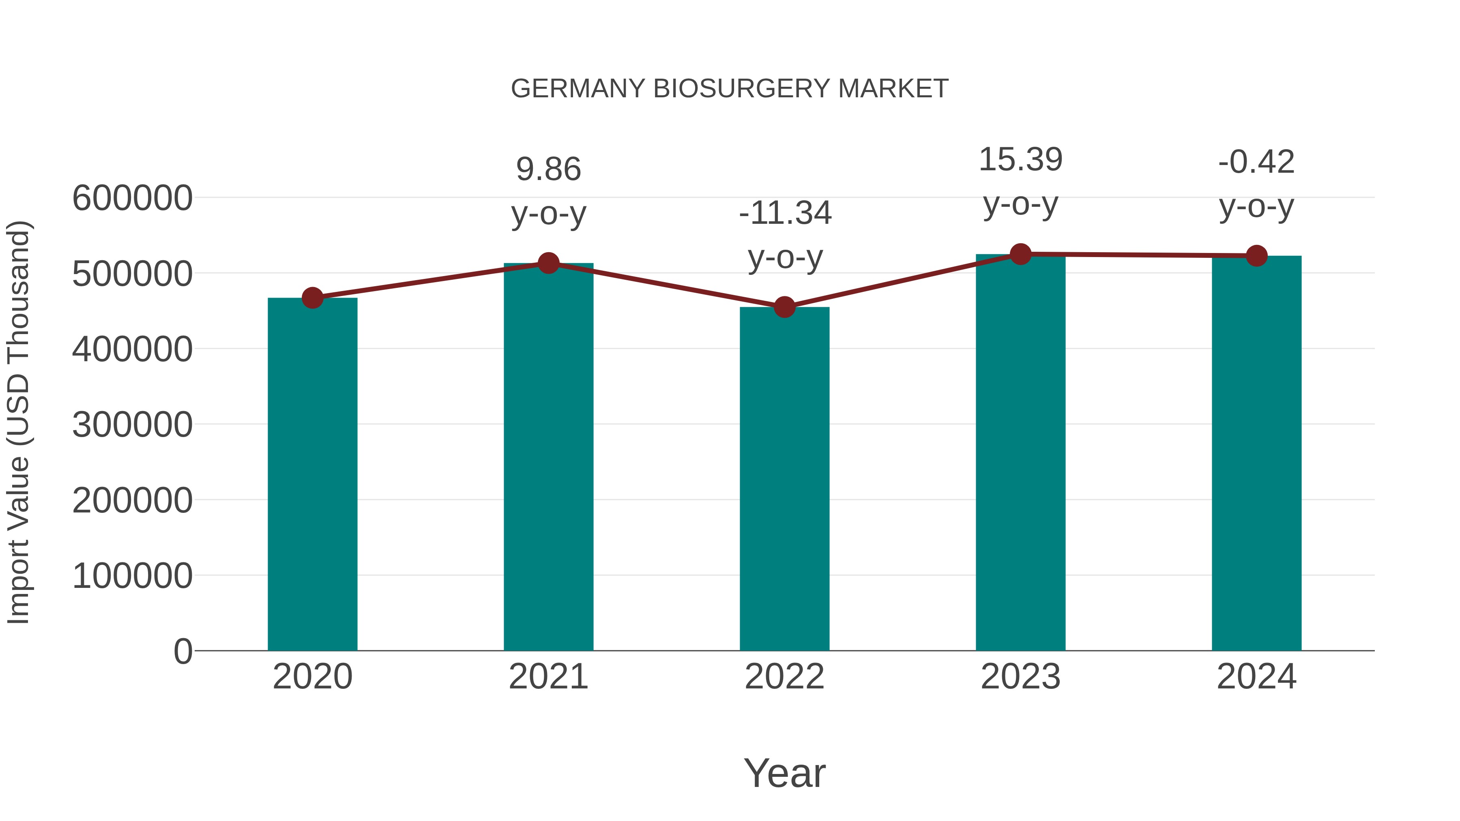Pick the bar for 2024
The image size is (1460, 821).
pos(1256,453)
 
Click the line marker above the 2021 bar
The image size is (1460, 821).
pos(548,263)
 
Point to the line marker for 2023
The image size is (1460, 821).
pos(1020,254)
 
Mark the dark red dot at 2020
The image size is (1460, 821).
pos(312,298)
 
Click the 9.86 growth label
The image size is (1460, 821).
pos(548,169)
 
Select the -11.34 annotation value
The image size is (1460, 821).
pos(785,214)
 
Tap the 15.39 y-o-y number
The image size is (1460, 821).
pos(1020,160)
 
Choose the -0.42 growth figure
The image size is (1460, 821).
pos(1256,162)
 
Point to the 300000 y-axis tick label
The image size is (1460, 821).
pos(132,424)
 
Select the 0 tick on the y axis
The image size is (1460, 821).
pos(183,651)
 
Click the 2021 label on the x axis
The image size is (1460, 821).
pos(548,677)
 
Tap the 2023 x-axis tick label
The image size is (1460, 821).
pos(1020,677)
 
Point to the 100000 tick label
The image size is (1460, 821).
pos(132,576)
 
